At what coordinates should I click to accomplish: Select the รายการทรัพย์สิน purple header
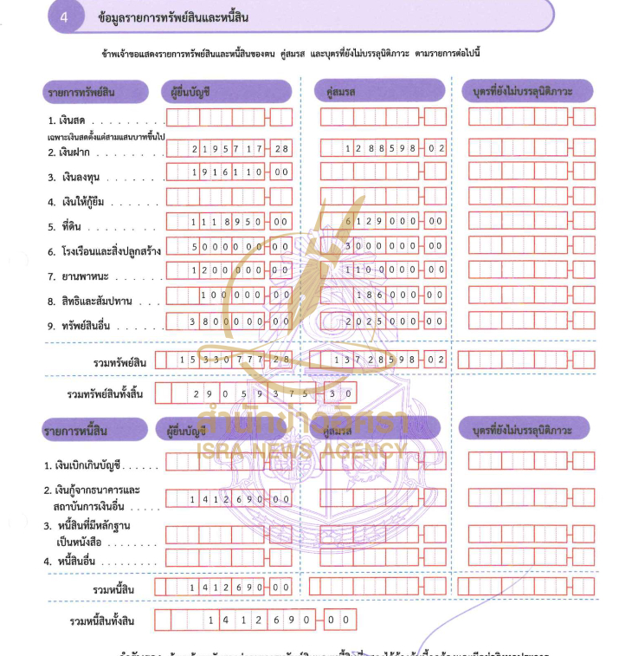95,90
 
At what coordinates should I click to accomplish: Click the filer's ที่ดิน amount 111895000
229,222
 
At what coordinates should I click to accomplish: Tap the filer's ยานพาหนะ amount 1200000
229,270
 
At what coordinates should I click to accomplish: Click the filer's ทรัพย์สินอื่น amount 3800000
229,321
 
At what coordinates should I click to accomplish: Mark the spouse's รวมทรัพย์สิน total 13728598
382,359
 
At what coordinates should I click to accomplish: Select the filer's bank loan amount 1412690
229,499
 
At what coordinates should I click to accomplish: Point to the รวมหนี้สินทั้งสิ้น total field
256,620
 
